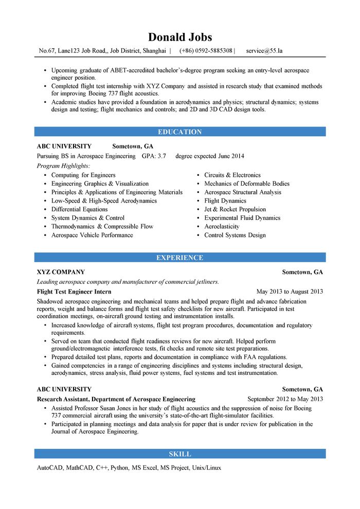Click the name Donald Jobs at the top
pos(180,37)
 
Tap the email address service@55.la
pos(264,51)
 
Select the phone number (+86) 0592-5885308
pos(206,51)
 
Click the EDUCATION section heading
pos(180,132)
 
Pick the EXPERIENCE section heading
pos(180,258)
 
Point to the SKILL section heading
pos(180,454)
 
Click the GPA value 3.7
pos(161,156)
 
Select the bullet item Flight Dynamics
pos(225,201)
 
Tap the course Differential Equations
pos(79,209)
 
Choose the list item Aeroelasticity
pos(222,226)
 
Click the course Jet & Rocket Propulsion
pos(235,209)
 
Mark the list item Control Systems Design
pos(235,235)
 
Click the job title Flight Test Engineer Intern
pos(74,292)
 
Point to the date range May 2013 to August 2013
pos(290,292)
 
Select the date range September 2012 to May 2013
pos(285,399)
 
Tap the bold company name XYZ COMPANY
pos(61,272)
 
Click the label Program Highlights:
pos(63,166)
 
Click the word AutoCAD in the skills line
pos(49,468)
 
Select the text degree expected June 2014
pos(210,156)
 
